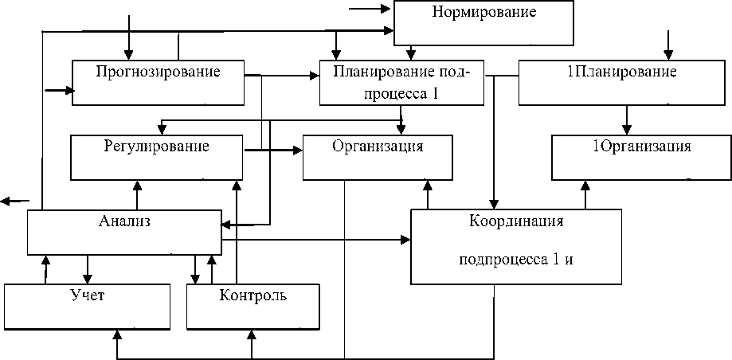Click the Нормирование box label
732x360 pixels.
coord(483,12)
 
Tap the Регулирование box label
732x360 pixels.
coord(156,147)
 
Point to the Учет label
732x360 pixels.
coord(87,295)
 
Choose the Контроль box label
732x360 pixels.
coord(252,295)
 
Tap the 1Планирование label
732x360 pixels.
coord(621,72)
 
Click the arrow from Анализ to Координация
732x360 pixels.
coord(319,239)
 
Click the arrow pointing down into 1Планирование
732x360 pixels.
coord(668,44)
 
